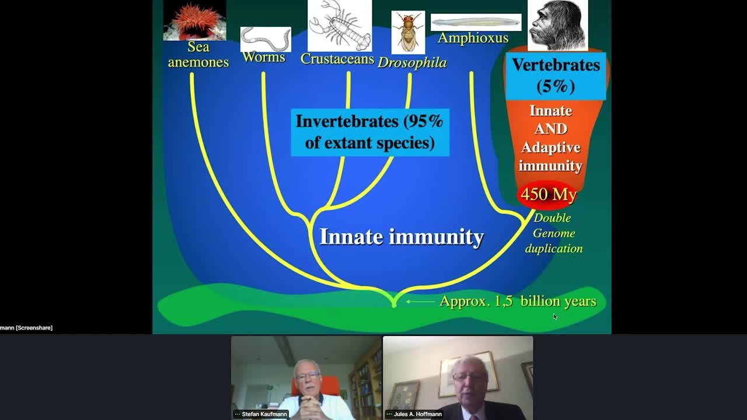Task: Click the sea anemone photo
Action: pos(194,20)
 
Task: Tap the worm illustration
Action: pos(266,39)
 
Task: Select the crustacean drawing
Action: pos(339,25)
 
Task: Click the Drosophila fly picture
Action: pos(408,32)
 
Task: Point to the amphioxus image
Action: pos(476,22)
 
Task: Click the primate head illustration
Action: pos(557,24)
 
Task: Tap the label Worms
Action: pos(264,57)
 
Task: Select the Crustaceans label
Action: pos(337,58)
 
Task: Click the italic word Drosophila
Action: pos(412,62)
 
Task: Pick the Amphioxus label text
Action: pos(473,38)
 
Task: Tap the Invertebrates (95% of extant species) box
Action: pos(369,132)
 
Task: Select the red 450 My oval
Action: pos(549,194)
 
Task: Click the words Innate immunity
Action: pos(402,237)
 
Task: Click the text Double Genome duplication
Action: pos(553,233)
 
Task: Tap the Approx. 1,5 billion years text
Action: pos(518,301)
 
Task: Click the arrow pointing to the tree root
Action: pos(420,302)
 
